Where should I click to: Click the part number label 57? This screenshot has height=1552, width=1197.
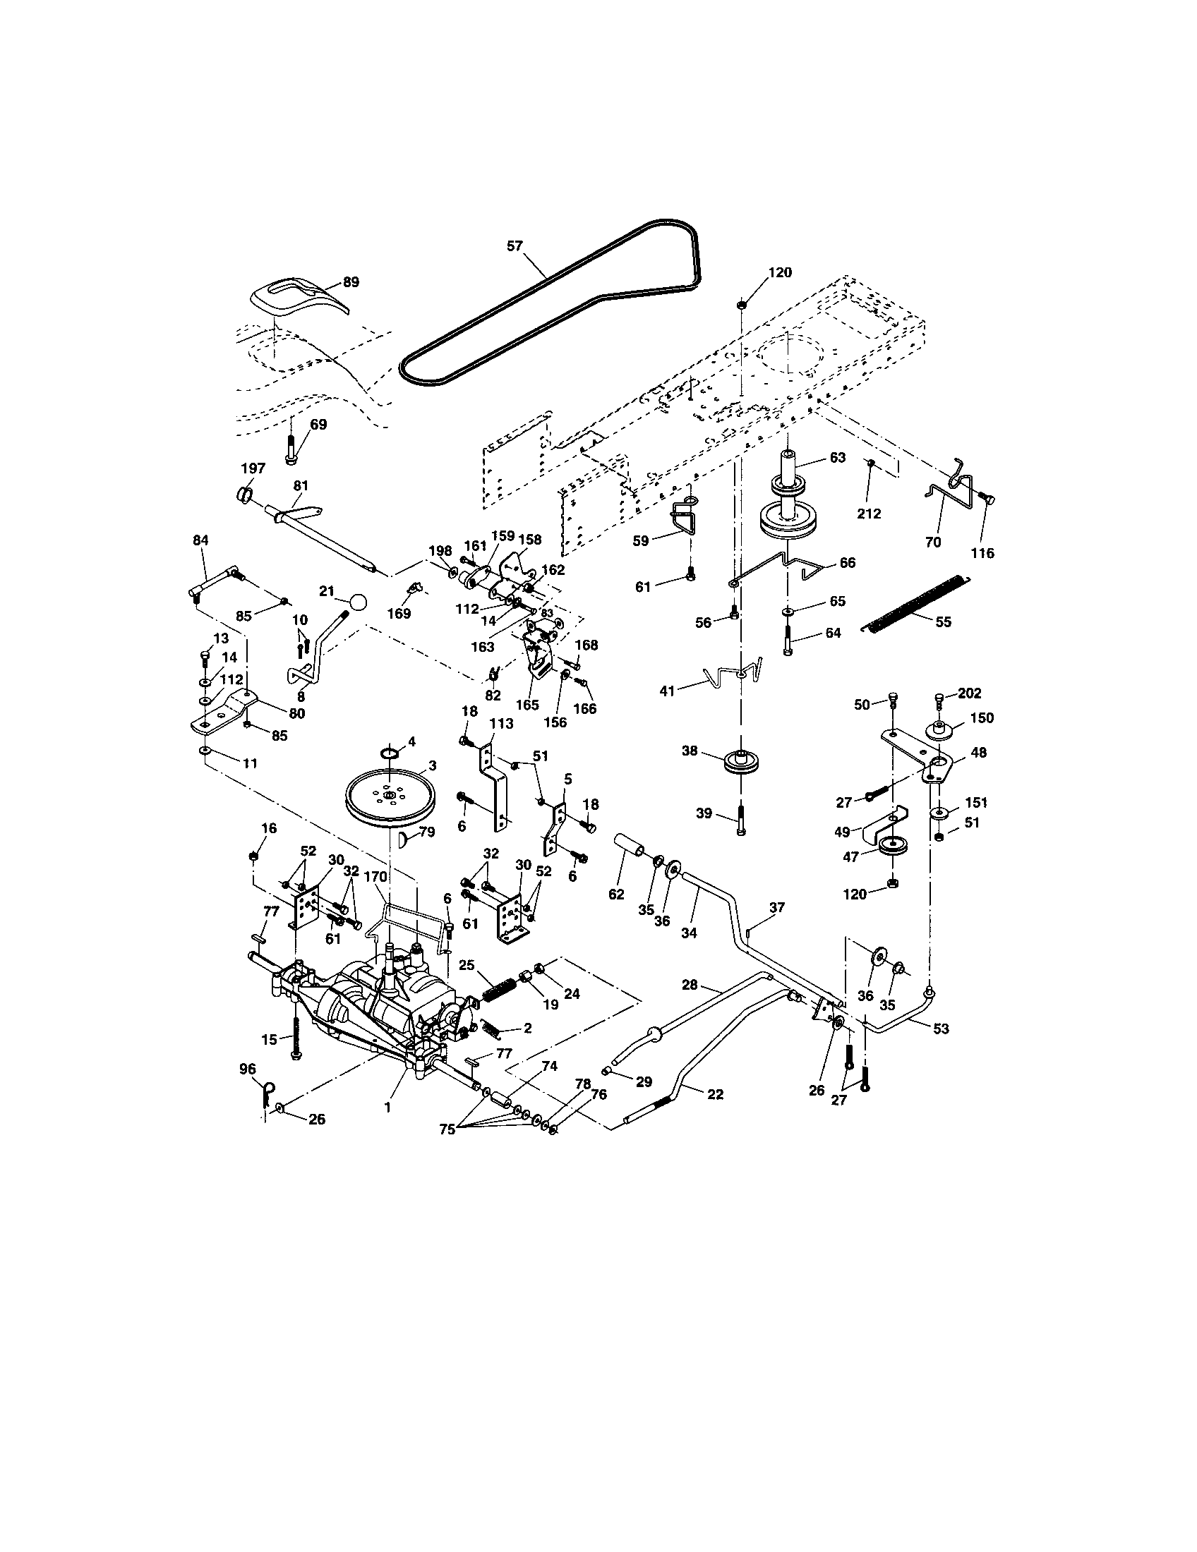tap(515, 246)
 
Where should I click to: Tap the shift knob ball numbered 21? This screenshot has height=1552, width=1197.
tap(359, 602)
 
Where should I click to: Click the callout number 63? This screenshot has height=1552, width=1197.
tap(837, 458)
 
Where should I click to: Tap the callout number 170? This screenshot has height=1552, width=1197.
tap(375, 877)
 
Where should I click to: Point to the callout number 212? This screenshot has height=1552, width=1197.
tap(869, 513)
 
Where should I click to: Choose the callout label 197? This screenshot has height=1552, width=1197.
tap(253, 468)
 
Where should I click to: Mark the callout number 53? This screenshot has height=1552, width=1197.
tap(940, 1029)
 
